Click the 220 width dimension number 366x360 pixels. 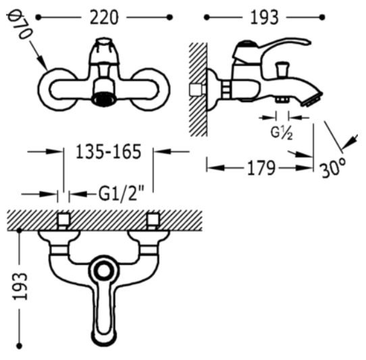click(104, 18)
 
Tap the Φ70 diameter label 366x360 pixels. click(19, 26)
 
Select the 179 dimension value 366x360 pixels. click(261, 168)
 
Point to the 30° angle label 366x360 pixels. click(334, 167)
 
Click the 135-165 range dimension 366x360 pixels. click(109, 151)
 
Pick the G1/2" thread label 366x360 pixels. click(121, 194)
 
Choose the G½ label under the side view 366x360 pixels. click(282, 133)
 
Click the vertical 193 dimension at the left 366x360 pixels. click(20, 286)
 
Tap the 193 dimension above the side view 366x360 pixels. click(264, 18)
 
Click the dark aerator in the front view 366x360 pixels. click(103, 99)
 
